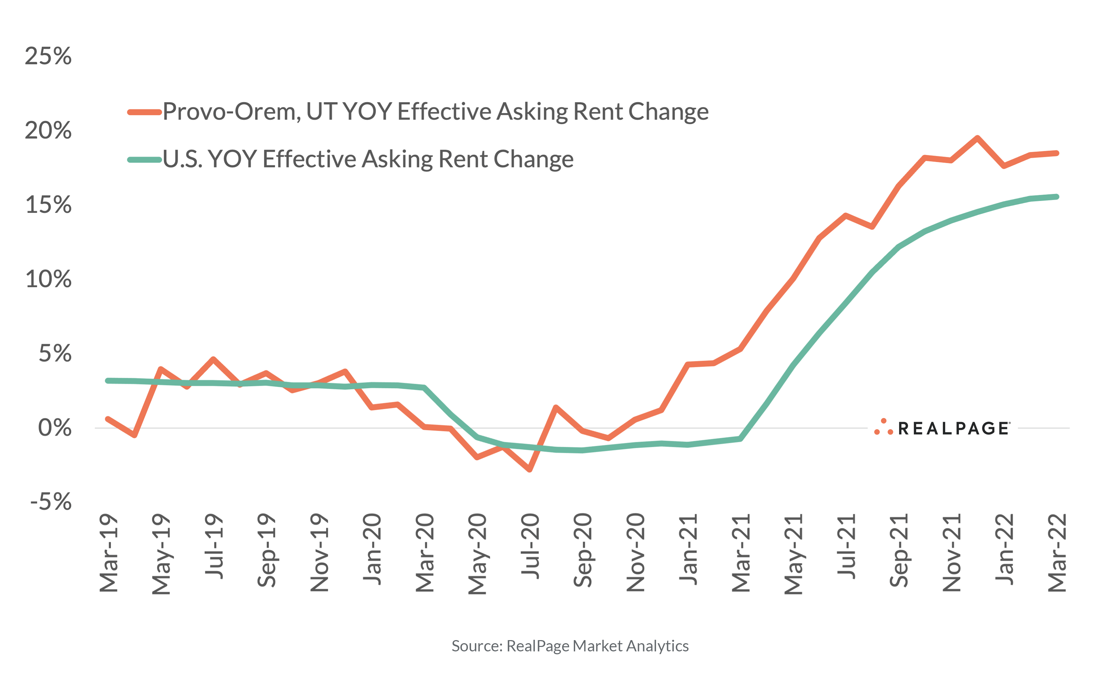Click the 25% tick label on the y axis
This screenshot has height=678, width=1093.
[48, 57]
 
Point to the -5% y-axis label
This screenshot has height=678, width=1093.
[51, 502]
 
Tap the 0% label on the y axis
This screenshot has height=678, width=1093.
[54, 428]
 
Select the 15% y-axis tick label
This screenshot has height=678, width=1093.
[48, 205]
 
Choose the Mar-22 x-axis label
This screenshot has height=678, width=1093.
[1057, 553]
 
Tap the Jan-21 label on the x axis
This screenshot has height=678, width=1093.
[688, 549]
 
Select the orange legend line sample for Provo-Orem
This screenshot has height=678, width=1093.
[144, 112]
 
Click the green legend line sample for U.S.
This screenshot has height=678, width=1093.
[144, 160]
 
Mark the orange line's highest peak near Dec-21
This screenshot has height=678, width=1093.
[977, 138]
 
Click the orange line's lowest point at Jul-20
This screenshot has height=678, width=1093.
[530, 470]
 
